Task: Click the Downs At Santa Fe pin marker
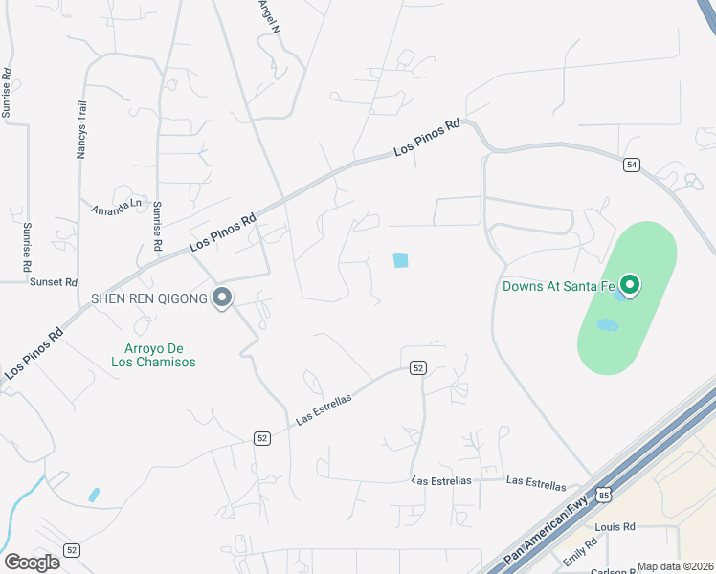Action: pos(630,284)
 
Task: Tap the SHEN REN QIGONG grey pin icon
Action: pos(222,298)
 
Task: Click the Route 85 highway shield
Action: pos(602,494)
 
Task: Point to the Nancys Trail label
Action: pos(83,134)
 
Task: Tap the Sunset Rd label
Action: pos(53,282)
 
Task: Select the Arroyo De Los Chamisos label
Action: pos(160,355)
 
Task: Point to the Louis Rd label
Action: pos(615,527)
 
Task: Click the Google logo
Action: pos(33,562)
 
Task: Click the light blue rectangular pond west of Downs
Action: pos(400,259)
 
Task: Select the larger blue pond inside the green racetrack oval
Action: pos(607,326)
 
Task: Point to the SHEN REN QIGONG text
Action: pos(149,298)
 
